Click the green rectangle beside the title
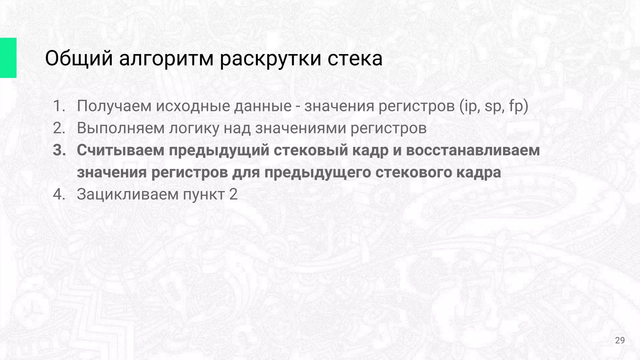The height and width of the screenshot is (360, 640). (x=8, y=58)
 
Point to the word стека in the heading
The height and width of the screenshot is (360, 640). (x=355, y=58)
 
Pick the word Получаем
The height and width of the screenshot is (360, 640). (x=114, y=106)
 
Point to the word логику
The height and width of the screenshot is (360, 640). (x=194, y=128)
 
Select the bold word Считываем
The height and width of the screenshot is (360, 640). (x=121, y=150)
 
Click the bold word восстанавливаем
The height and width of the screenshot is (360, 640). (x=473, y=150)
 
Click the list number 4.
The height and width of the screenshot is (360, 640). (x=59, y=194)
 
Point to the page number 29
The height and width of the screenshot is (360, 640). (x=620, y=340)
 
